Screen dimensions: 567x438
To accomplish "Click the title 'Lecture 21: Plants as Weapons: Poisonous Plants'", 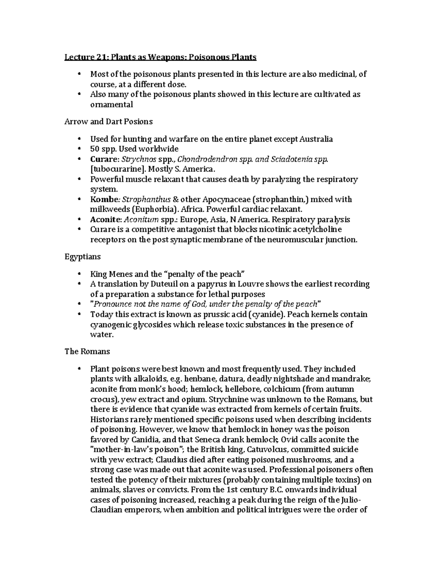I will tap(160, 57).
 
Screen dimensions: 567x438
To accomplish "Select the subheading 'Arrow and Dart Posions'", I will tap(108, 122).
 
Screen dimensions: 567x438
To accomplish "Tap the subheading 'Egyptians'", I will tap(82, 257).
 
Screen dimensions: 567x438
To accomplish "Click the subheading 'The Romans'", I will tap(87, 351).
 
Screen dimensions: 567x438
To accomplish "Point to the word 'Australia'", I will tap(316, 139).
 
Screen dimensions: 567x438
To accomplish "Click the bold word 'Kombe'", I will tap(104, 199).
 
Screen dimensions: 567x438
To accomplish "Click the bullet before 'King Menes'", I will tap(80, 274).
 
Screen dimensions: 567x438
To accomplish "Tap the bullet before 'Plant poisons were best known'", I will tap(80, 369).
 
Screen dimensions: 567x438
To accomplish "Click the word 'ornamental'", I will tap(111, 104).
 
